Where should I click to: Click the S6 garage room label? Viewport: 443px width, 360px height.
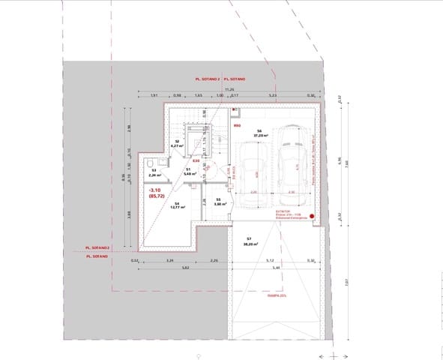[x=259, y=133]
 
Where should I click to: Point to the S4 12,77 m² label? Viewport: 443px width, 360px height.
[x=177, y=205]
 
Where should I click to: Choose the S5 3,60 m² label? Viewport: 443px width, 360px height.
[x=217, y=202]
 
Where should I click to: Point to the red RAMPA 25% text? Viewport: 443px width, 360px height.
[x=277, y=295]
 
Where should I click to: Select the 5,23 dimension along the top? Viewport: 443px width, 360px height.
[x=273, y=96]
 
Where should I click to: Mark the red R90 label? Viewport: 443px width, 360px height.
[x=237, y=126]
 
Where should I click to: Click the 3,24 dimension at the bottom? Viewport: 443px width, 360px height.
[x=170, y=260]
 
